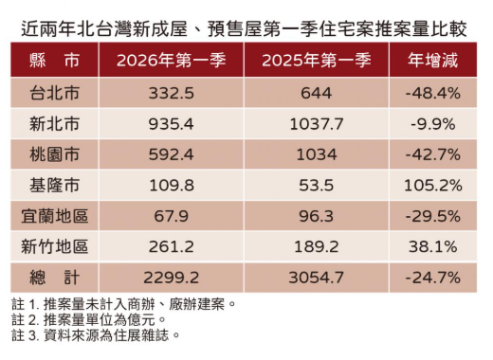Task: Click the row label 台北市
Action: [x=55, y=94]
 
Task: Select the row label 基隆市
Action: [x=55, y=185]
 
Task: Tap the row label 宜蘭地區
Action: [x=55, y=216]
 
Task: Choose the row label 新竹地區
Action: [x=55, y=246]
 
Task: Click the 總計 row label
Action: [x=55, y=277]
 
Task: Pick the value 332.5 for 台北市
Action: [x=172, y=94]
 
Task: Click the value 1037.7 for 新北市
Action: [x=317, y=124]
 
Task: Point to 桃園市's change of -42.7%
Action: [x=432, y=154]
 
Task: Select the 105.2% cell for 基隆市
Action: [x=432, y=185]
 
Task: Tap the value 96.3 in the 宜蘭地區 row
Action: [x=317, y=216]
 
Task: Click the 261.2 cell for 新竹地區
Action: [x=172, y=246]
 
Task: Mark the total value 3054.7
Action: [x=317, y=277]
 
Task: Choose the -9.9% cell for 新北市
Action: [x=432, y=124]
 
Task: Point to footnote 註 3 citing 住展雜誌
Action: [x=95, y=334]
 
